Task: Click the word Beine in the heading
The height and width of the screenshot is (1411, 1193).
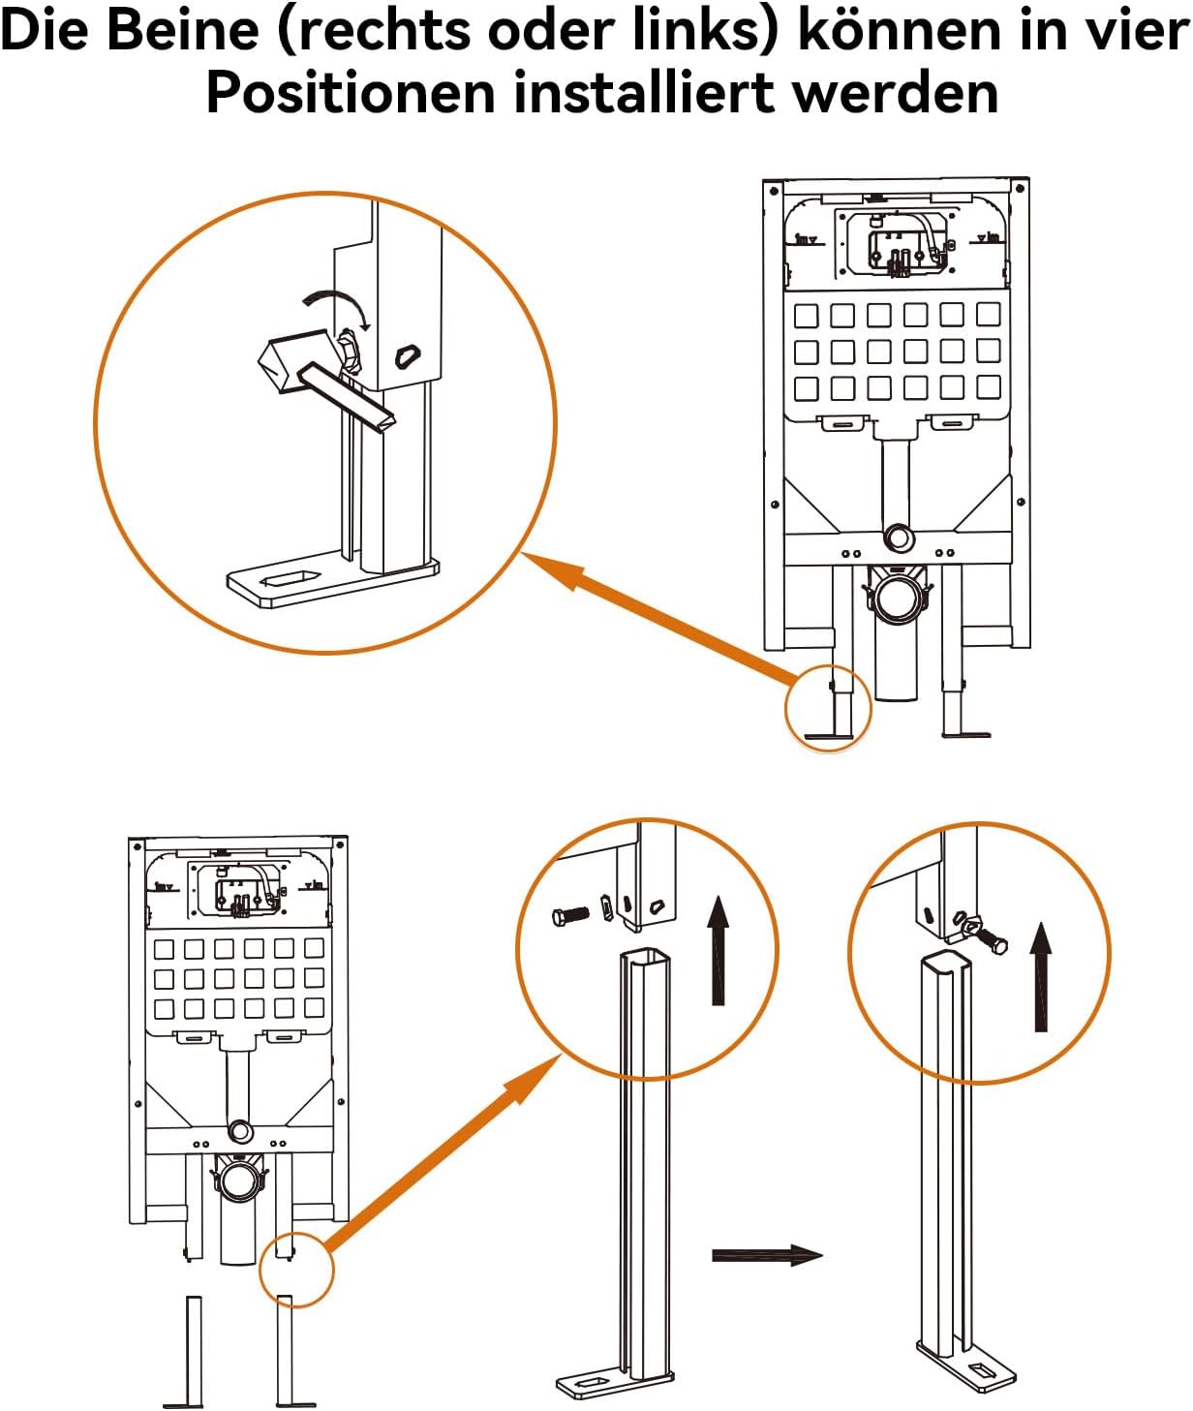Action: click(x=182, y=31)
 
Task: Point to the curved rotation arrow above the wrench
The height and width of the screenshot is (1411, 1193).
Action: click(x=339, y=302)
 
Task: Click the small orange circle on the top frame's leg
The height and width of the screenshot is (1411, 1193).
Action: click(x=828, y=708)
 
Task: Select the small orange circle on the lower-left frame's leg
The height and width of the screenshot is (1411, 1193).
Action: click(x=296, y=1269)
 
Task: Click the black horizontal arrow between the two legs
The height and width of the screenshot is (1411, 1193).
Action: click(x=766, y=1255)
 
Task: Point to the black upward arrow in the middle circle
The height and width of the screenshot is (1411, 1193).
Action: click(x=718, y=949)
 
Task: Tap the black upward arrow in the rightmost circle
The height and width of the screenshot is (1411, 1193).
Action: click(x=1041, y=976)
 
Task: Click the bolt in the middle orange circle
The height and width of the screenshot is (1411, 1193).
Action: click(x=569, y=914)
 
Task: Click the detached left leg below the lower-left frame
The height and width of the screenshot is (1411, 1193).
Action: click(x=195, y=1351)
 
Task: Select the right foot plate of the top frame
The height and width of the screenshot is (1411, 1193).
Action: click(x=966, y=734)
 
